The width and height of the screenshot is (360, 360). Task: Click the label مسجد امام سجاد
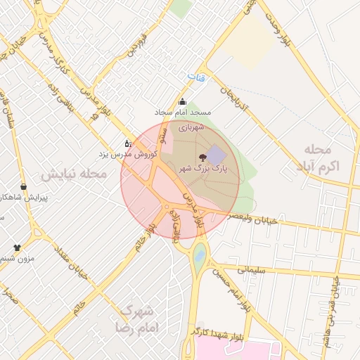tap(183, 112)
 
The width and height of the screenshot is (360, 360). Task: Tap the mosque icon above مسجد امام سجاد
tap(183, 101)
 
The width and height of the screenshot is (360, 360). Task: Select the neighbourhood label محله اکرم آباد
tap(323, 158)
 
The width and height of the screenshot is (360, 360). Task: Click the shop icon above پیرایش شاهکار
tap(25, 186)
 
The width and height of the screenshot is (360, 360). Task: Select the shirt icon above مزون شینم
tap(18, 247)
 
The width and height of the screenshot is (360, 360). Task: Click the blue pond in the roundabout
tap(200, 255)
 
